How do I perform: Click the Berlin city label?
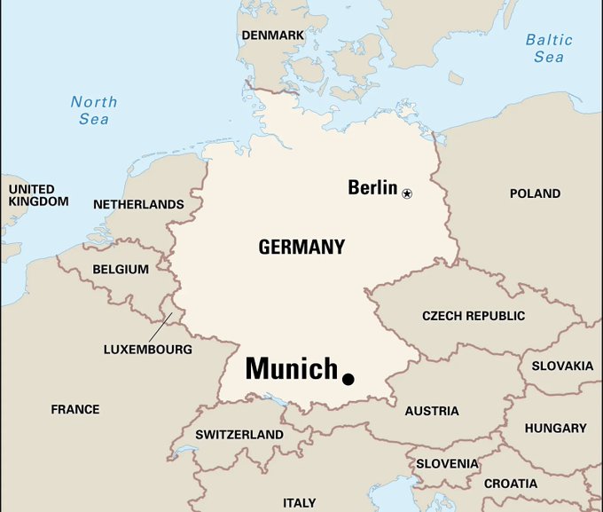pos(372,187)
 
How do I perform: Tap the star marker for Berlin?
pos(407,193)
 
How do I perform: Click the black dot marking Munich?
pos(348,379)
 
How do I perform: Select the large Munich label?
pos(291,368)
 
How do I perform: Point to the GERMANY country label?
pos(301,248)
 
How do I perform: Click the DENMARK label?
pos(272,35)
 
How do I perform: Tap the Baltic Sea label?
pos(549,48)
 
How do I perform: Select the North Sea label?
pos(94,110)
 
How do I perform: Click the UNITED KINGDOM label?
pos(38,195)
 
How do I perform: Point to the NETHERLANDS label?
pos(138,204)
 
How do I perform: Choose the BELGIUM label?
pos(121,270)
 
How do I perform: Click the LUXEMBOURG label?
pos(147,349)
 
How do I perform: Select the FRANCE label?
pos(75,409)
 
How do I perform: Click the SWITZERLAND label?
pos(239,435)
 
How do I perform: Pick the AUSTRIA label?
pos(432,411)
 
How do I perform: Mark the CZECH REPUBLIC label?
pos(474,316)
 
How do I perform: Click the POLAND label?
pos(535,193)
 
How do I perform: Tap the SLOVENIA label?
pos(448,463)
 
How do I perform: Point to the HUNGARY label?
pos(555,428)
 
